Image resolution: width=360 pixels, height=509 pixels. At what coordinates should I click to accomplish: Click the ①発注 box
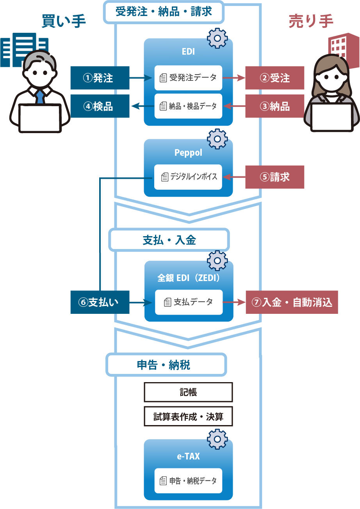tap(100, 78)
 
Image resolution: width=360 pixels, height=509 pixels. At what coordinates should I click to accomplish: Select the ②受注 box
tap(274, 78)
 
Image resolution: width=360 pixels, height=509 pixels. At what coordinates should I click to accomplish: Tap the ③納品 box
tap(274, 106)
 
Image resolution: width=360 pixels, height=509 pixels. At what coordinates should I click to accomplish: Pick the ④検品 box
tap(100, 106)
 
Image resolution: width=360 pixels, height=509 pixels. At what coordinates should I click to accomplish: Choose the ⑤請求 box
tap(274, 177)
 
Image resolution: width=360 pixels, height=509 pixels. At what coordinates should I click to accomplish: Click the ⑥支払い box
tap(100, 302)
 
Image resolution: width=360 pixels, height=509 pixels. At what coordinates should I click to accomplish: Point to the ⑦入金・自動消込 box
tap(292, 302)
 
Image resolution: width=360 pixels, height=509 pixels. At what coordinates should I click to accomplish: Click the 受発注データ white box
tap(188, 78)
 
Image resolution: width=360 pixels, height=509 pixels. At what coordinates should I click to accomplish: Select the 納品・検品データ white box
tap(188, 106)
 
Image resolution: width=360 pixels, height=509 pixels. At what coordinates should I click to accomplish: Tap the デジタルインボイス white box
tap(188, 177)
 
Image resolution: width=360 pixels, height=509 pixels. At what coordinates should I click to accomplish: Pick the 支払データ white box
tap(189, 302)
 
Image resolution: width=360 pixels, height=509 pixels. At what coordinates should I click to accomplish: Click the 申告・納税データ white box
tap(188, 481)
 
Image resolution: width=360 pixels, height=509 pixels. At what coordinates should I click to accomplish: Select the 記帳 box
tap(188, 392)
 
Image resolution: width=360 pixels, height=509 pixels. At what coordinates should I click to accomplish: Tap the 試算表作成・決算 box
tap(188, 416)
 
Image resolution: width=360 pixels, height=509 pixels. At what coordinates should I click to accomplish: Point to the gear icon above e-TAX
tap(217, 439)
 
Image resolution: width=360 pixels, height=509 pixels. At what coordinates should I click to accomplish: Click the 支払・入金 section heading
tap(169, 240)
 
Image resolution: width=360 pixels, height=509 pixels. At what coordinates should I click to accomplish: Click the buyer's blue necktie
tap(40, 96)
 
